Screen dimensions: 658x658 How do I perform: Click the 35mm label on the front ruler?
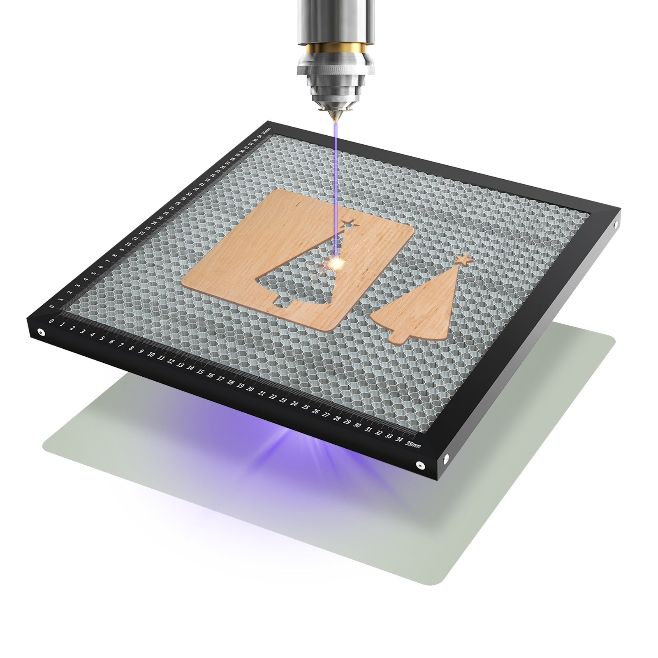coord(412,445)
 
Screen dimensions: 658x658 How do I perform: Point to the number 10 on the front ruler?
coord(151,355)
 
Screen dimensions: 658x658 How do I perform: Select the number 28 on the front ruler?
coord(337,418)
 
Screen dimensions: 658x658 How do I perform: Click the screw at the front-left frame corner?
coord(41,331)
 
